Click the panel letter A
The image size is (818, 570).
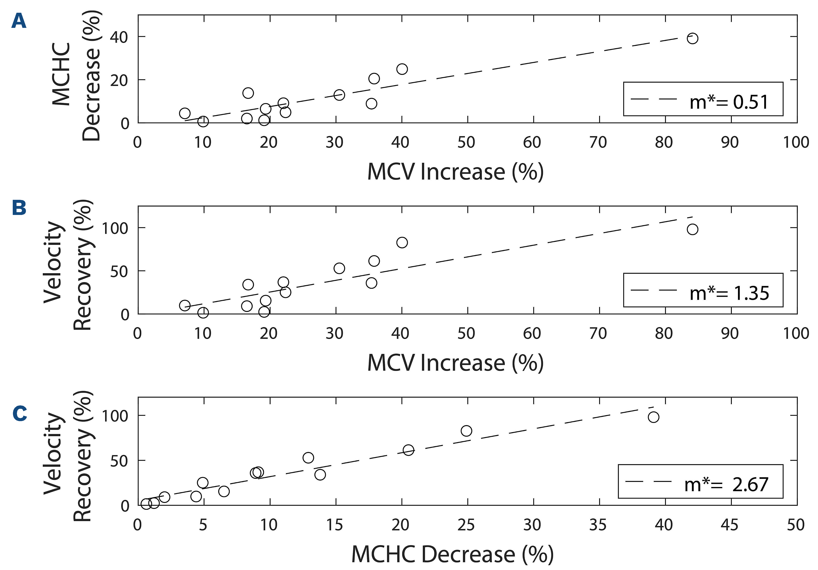pos(19,21)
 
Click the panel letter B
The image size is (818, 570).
pos(19,208)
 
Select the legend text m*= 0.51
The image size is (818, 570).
pos(729,102)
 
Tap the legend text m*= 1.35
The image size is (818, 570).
pos(729,293)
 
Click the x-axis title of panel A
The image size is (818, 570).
pos(455,172)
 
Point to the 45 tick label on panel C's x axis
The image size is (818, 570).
pos(729,525)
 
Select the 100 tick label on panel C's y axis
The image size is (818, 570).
pos(115,416)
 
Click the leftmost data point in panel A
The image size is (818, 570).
pos(185,113)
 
